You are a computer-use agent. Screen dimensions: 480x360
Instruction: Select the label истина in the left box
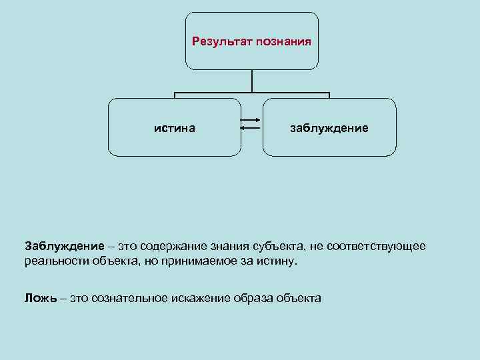tap(175, 127)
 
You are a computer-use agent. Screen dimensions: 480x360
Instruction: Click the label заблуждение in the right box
tap(329, 127)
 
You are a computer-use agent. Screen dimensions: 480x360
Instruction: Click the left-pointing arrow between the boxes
tap(251, 131)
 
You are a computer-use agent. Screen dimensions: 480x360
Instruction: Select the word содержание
tap(169, 246)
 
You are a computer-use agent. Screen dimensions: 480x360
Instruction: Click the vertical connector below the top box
tap(252, 81)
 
